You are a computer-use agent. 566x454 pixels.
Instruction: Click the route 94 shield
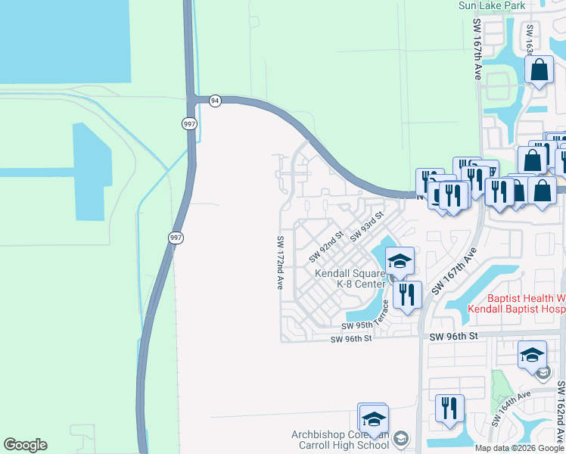pos(215,101)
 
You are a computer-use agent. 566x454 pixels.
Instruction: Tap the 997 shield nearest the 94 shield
pos(187,123)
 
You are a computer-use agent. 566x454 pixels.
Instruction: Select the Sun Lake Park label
pos(492,5)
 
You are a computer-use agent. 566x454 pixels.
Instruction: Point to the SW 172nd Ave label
pos(280,263)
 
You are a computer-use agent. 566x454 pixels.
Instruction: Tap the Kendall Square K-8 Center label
pos(350,278)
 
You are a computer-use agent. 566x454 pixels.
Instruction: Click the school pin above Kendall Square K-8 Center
pos(399,262)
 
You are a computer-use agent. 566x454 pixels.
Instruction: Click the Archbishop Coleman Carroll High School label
pos(341,440)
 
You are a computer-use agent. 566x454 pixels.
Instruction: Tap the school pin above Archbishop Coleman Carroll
pos(373,418)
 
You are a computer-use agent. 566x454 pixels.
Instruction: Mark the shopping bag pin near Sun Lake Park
pos(540,72)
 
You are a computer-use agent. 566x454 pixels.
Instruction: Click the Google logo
pos(25,445)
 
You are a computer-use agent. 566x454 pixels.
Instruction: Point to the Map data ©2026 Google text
pos(518,448)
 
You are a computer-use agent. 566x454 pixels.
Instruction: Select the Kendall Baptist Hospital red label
pos(517,303)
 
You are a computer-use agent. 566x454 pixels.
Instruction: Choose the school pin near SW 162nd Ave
pos(532,354)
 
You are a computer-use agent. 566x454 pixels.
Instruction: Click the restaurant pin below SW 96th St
pos(450,409)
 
